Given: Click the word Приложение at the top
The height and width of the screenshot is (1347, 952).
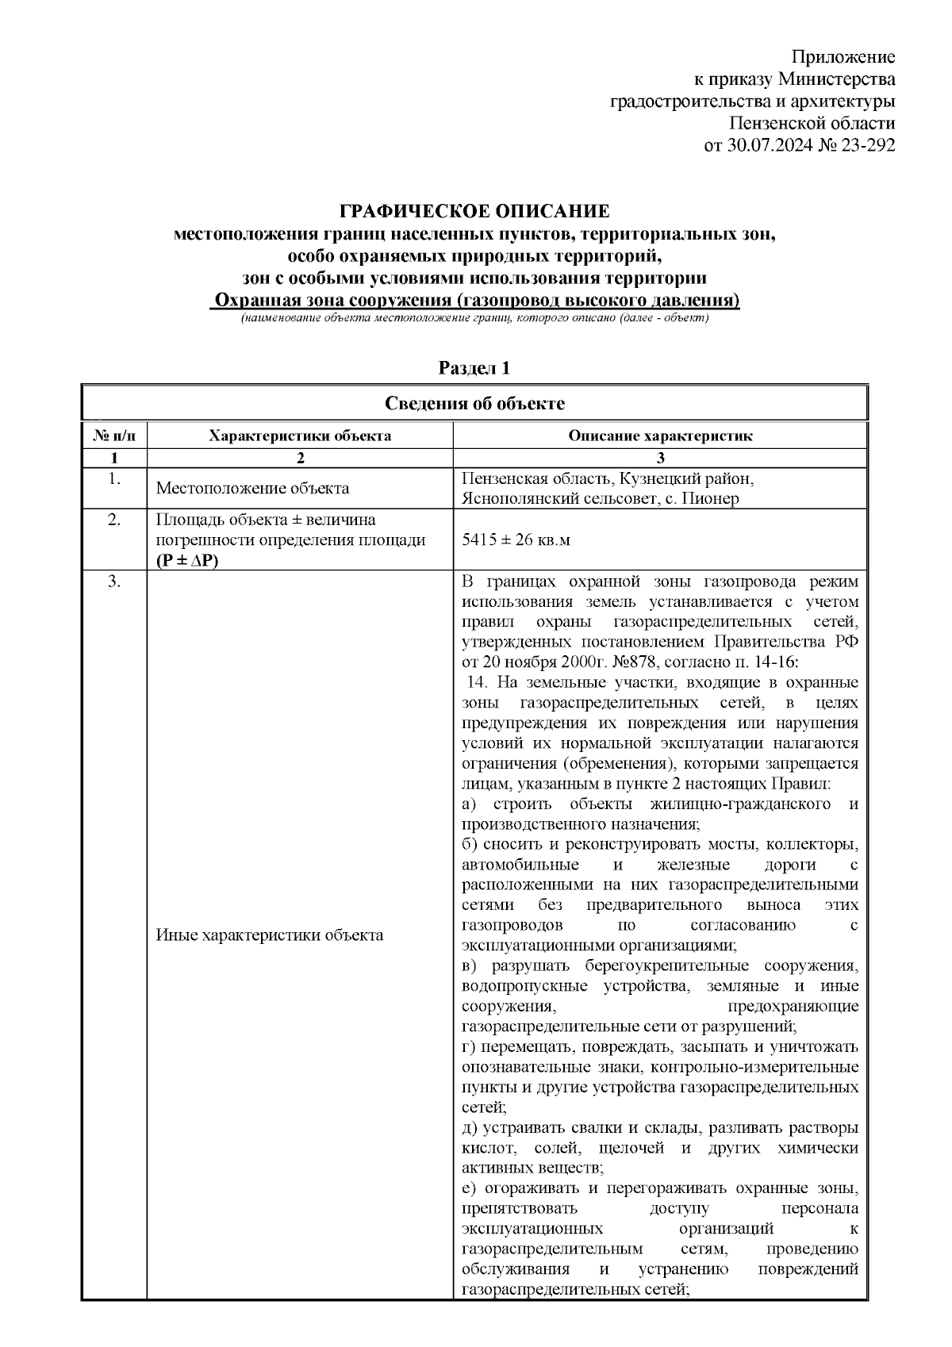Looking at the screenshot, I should coord(844,57).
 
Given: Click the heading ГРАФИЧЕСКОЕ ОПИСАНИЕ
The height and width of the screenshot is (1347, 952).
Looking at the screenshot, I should coord(474,212).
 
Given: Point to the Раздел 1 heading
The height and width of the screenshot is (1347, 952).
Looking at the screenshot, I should coord(474,368).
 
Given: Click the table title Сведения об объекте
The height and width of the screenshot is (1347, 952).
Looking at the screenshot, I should coord(474,404).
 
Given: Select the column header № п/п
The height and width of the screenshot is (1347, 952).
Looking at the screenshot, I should coord(114,436).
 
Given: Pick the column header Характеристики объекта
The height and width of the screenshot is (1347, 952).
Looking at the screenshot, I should coord(299,436).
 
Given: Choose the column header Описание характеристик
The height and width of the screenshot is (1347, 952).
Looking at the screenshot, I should coord(660,436).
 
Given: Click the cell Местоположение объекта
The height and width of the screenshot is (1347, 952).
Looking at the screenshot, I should coord(252,489).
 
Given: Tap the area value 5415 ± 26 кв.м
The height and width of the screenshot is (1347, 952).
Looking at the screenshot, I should coord(516,540).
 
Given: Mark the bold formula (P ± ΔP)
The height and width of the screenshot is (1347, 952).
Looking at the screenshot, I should coord(187,560).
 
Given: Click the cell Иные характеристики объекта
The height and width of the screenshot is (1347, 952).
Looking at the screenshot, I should coord(270,934).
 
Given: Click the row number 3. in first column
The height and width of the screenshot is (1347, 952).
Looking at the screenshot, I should coord(114,581).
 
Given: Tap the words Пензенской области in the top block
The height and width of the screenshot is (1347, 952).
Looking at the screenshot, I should coord(812,124).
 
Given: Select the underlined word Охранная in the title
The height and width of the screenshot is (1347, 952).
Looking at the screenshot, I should coord(255,301).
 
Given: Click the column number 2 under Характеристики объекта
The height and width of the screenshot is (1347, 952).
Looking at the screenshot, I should coord(299,458).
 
